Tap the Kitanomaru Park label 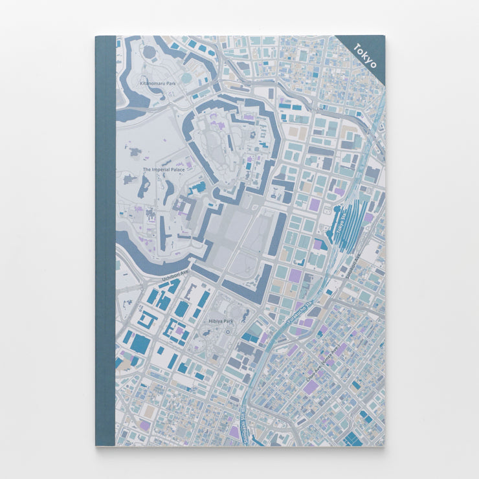(x=157, y=84)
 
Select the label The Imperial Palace (x=163, y=170)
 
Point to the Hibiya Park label (x=221, y=320)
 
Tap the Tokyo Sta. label (x=342, y=223)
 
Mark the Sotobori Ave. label (x=355, y=263)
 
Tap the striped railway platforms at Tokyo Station (x=353, y=223)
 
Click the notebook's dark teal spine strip (x=105, y=240)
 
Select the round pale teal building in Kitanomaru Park (x=186, y=78)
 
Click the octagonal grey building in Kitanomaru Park (x=150, y=52)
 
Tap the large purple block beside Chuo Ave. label (x=312, y=387)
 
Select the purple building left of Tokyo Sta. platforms (x=315, y=205)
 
